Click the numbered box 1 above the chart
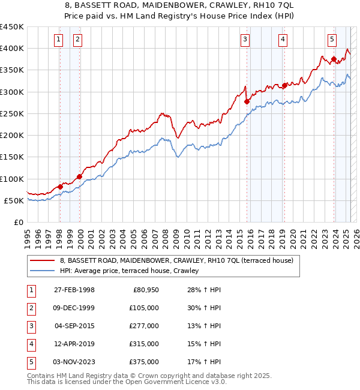coord(59,40)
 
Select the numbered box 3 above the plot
coord(245,40)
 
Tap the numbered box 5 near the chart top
coord(332,40)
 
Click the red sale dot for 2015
coord(247,101)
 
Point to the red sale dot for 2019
coord(284,85)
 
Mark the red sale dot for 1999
coord(79,176)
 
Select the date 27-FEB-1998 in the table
coord(74,290)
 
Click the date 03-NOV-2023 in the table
coord(74,362)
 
